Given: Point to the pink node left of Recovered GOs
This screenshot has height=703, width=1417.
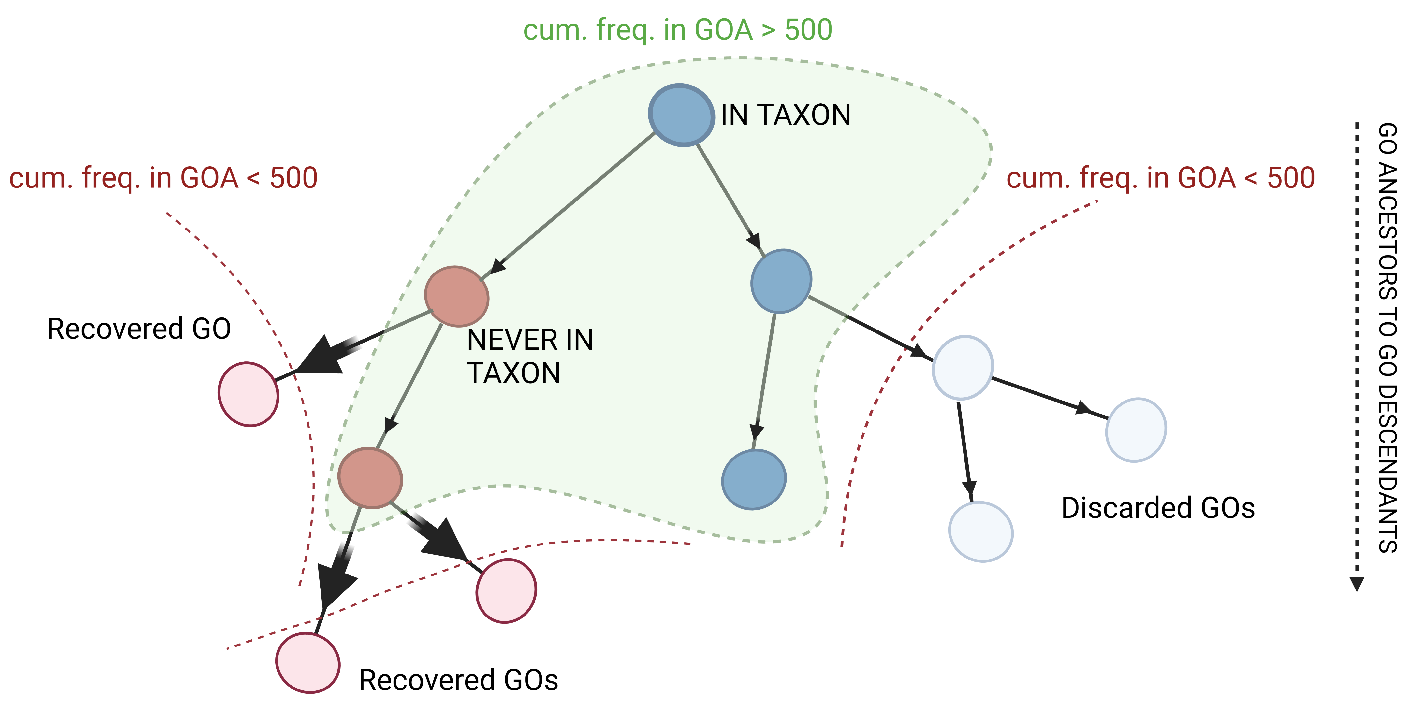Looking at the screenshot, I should pos(307,662).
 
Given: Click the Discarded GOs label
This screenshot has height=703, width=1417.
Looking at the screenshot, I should pos(1158,508).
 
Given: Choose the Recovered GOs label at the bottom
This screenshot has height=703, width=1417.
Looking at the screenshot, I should pos(458,680).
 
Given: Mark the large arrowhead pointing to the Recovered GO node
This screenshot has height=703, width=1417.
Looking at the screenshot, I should pos(322,355).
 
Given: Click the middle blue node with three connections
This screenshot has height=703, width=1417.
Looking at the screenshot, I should pos(781,281).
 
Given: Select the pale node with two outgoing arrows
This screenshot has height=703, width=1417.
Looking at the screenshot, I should pos(963,367).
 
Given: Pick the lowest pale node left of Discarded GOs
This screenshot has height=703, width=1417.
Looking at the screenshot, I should pos(981,531).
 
